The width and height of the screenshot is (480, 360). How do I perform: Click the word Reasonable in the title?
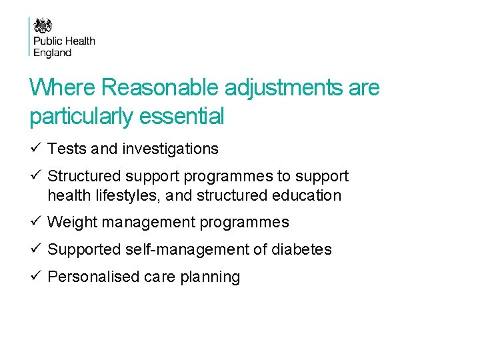tap(161, 87)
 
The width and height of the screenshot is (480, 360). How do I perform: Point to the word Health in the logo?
tap(79, 41)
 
